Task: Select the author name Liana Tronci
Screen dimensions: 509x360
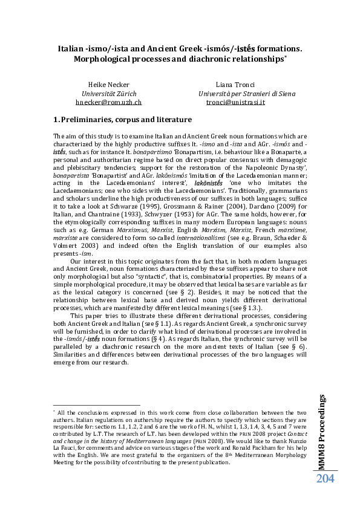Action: tap(235, 85)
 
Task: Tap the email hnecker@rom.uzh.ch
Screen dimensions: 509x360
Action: tap(113, 102)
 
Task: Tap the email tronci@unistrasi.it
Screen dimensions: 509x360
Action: tap(235, 102)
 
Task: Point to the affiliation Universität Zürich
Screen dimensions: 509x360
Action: tap(113, 94)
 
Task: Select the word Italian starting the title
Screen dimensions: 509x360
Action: tap(71, 46)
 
